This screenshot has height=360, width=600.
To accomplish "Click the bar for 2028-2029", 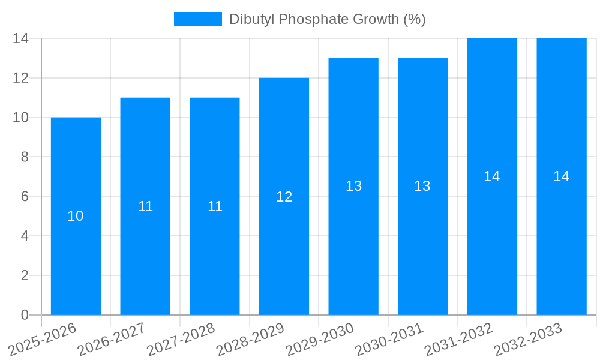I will click(x=284, y=252).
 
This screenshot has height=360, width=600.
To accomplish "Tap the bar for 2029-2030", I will click(x=353, y=240).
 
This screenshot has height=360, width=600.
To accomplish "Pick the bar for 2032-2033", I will click(x=561, y=240).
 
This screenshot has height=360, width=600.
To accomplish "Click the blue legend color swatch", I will click(x=197, y=19).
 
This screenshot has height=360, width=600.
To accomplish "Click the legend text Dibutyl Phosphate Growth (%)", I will click(x=328, y=19).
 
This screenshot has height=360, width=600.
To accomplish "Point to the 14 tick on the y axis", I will click(x=21, y=38).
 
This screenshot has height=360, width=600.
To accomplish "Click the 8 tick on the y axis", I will click(x=25, y=157).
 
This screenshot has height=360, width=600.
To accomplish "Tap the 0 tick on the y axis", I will click(x=25, y=315).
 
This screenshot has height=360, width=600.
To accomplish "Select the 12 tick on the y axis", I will click(x=21, y=78).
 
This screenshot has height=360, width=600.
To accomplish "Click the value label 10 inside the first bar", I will click(x=76, y=216).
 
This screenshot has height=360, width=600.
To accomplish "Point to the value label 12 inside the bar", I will click(x=284, y=197).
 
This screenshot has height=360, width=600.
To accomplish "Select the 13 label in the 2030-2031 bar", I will click(x=422, y=186).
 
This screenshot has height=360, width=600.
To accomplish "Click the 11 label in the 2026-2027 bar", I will click(x=145, y=206).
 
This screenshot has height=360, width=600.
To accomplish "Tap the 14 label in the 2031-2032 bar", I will click(x=491, y=176).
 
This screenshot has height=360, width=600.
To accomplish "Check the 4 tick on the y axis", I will click(x=25, y=236).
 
